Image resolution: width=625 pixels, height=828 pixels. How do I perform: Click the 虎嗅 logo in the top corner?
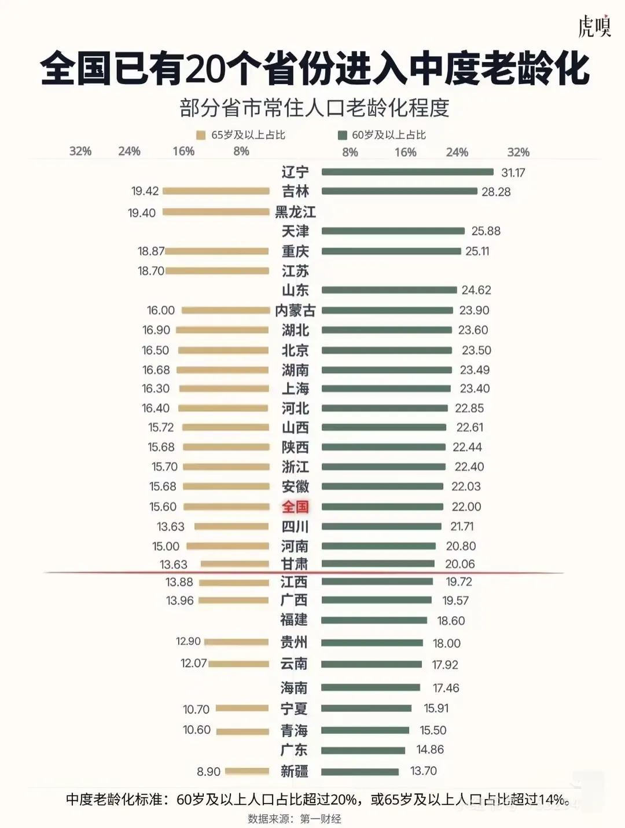[x=594, y=25]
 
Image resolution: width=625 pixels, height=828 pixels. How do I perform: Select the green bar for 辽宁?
[x=407, y=172]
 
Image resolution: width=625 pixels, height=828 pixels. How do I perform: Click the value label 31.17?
[x=513, y=173]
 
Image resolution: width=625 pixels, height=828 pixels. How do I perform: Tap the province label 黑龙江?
[x=295, y=212]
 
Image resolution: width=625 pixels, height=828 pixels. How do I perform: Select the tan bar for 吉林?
[x=216, y=191]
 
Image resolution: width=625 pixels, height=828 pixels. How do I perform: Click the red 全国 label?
[x=295, y=507]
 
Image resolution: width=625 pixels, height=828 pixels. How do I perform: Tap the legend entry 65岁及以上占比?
[x=241, y=135]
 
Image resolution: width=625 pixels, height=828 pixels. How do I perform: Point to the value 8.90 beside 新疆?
[x=208, y=772]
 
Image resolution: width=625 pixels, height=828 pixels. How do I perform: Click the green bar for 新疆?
[x=360, y=772]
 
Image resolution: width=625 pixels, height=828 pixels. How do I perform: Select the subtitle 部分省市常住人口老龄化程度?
[x=314, y=108]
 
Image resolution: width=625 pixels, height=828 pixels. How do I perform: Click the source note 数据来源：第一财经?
[x=295, y=819]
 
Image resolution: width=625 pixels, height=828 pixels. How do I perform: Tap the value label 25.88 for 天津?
[x=486, y=231]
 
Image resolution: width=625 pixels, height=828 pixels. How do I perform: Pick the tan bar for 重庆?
[x=217, y=251]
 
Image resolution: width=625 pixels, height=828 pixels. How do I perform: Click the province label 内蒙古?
[x=295, y=311]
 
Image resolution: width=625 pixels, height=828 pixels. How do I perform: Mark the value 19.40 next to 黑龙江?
[x=142, y=213]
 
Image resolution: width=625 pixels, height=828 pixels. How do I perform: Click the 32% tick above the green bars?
[x=518, y=152]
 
